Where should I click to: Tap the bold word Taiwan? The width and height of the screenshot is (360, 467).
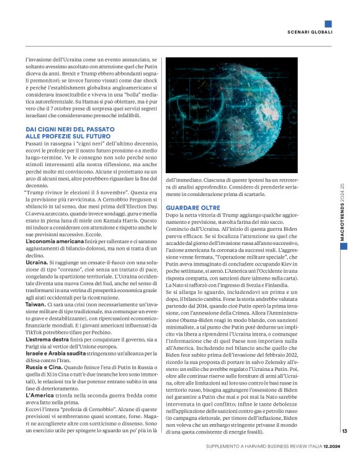coord(35,306)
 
